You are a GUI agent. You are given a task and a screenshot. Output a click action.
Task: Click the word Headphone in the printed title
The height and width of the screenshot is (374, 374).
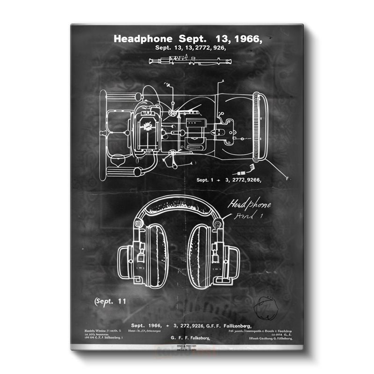(x=143, y=39)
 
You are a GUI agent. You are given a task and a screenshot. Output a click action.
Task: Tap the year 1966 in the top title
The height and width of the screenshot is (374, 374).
(x=245, y=39)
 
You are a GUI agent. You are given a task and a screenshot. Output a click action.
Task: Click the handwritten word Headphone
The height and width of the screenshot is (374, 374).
(x=249, y=205)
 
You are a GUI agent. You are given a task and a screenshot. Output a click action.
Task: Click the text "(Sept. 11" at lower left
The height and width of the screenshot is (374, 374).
(x=110, y=302)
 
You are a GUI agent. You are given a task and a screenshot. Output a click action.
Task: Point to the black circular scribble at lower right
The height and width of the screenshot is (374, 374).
(x=265, y=306)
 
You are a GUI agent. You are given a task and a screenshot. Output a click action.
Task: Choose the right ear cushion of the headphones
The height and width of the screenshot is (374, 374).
(x=202, y=255)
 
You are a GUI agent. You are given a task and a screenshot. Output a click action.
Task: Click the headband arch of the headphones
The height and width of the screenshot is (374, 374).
(x=180, y=206)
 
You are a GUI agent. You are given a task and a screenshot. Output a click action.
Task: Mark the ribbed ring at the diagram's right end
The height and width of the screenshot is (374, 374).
(x=259, y=126)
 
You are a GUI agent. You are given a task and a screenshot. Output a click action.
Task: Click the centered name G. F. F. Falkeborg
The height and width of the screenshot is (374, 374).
(x=187, y=338)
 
